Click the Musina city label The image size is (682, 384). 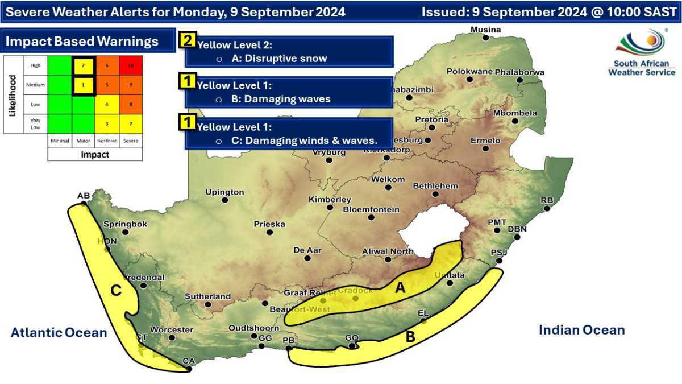tap(486, 30)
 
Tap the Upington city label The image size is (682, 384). tap(224, 192)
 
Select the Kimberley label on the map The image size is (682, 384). tap(330, 200)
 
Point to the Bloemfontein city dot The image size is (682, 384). tap(371, 217)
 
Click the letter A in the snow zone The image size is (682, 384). tap(400, 288)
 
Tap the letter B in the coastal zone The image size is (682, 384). tap(410, 337)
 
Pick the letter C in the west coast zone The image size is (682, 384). tap(116, 291)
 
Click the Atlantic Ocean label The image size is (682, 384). tap(59, 332)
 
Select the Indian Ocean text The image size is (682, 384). tap(581, 330)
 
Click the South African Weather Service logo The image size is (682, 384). tap(642, 52)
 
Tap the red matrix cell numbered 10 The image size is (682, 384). tap(131, 65)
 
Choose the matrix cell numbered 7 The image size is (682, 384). tap(131, 123)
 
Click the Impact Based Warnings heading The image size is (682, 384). tap(82, 42)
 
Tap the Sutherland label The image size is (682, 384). tap(207, 296)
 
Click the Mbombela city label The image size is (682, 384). tap(514, 113)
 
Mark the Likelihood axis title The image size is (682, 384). tap(13, 94)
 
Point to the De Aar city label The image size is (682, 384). tap(307, 250)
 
